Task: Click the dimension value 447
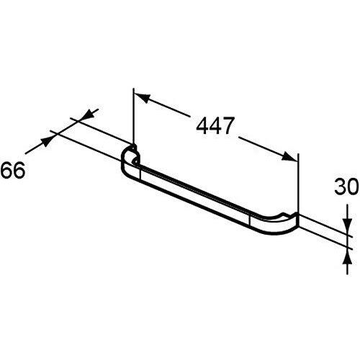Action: click(x=215, y=125)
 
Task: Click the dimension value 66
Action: click(x=13, y=170)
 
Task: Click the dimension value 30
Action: click(x=346, y=186)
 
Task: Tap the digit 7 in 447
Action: click(x=228, y=125)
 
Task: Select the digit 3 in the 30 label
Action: click(x=340, y=186)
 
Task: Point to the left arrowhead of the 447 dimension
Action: click(x=142, y=97)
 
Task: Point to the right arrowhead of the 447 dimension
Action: click(x=289, y=156)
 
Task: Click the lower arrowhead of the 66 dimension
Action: click(x=48, y=141)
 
